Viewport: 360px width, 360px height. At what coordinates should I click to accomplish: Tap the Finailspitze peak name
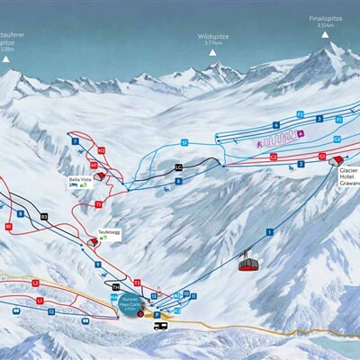[326, 17]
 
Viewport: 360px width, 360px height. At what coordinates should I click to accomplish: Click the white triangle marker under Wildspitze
[213, 52]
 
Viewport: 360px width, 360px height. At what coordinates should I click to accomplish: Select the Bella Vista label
[80, 178]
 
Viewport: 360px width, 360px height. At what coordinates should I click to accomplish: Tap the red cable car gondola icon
[247, 262]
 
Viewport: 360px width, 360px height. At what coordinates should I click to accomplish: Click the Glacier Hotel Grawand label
[348, 177]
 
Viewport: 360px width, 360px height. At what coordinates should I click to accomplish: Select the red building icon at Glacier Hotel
[337, 161]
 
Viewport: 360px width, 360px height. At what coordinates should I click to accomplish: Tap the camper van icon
[160, 326]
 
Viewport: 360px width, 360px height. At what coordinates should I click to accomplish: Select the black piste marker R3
[43, 216]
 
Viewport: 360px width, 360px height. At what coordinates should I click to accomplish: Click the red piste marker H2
[101, 151]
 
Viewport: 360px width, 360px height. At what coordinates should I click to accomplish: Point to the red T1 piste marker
[98, 204]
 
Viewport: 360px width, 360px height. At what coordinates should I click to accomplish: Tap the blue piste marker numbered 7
[74, 141]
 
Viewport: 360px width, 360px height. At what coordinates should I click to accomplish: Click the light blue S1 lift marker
[184, 142]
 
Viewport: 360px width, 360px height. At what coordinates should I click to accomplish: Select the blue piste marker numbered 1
[269, 232]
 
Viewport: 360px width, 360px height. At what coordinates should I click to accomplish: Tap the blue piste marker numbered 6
[179, 181]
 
